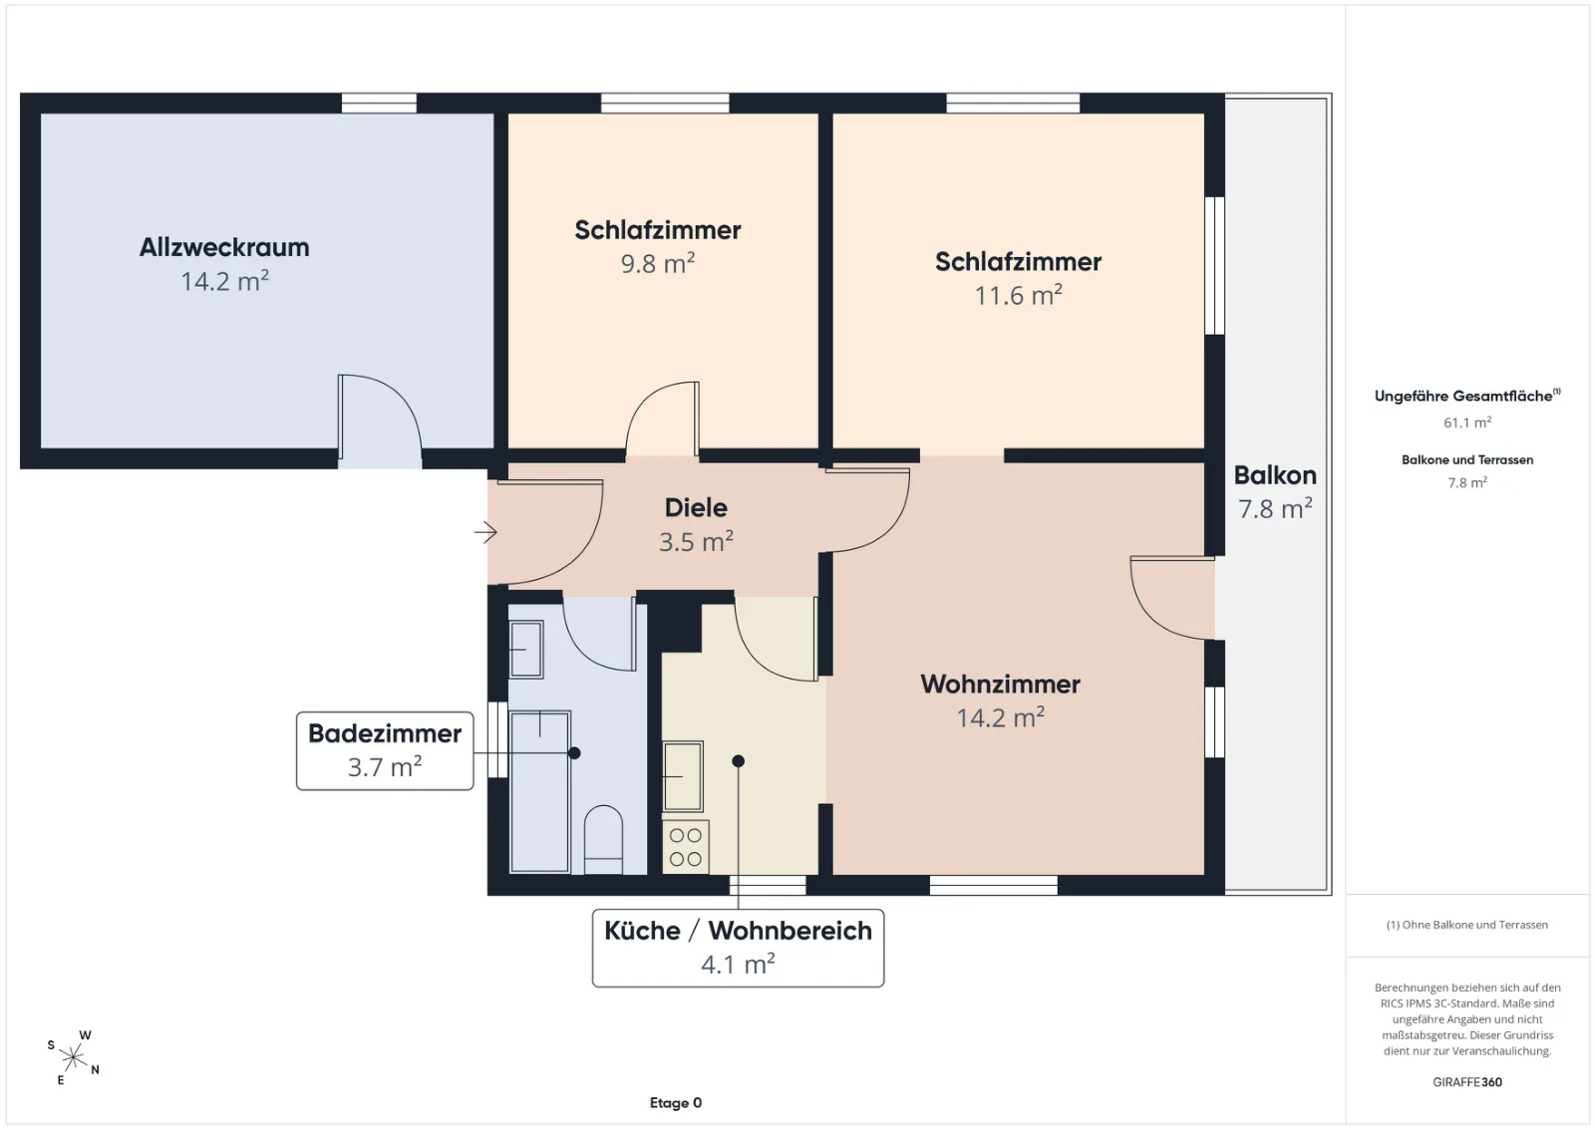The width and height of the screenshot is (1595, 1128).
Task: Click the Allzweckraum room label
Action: pos(224,248)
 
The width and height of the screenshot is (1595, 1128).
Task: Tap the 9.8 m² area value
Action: pos(658,263)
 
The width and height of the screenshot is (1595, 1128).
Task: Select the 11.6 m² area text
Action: pos(1018,295)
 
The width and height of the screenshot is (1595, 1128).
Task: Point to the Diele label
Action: pos(696,507)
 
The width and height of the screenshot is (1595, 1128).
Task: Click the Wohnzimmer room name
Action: pos(1001,684)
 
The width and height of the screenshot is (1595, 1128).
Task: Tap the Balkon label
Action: pos(1275,474)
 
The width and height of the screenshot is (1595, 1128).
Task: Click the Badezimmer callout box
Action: pos(385,750)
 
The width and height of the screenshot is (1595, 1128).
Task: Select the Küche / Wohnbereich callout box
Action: pos(738,948)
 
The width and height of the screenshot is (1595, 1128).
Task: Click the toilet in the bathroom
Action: pos(603,839)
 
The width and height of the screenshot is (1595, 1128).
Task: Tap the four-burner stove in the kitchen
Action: pos(686,847)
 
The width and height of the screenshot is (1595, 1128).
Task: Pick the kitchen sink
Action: pos(683,776)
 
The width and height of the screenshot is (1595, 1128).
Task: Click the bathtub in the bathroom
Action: pos(539,791)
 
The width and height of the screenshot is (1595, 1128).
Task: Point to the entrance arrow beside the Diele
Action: pos(485,532)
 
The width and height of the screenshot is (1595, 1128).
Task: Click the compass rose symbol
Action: pos(73,1057)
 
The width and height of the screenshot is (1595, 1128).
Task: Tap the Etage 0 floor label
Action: pos(676,1102)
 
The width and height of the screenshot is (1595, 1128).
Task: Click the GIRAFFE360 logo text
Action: pos(1466,1082)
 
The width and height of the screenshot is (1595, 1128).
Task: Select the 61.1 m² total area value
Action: pos(1466,423)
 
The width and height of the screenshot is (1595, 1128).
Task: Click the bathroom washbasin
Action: pos(526,649)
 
